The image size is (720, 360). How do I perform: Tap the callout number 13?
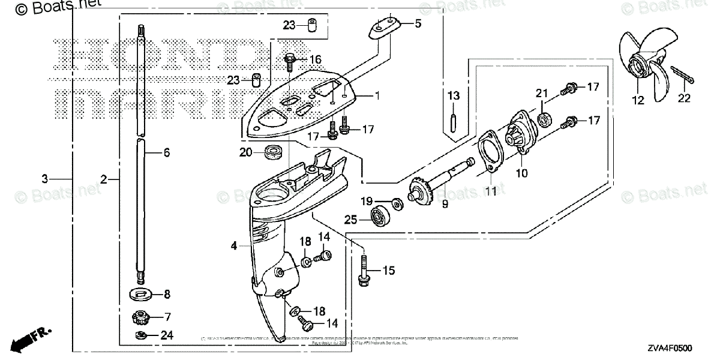(x=454, y=95)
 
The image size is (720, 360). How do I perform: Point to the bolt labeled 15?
(x=363, y=271)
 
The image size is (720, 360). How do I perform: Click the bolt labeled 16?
(x=290, y=59)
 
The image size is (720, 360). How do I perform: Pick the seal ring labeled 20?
(x=274, y=152)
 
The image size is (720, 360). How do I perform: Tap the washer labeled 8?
(x=142, y=295)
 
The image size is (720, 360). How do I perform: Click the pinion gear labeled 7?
(x=141, y=316)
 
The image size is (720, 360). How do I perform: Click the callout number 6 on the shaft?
(x=166, y=153)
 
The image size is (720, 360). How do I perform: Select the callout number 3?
(x=44, y=179)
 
